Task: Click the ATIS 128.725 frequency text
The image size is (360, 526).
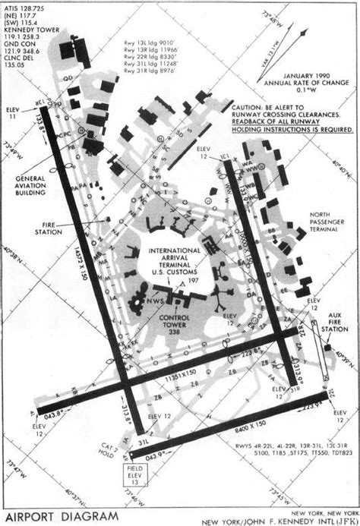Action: [22, 7]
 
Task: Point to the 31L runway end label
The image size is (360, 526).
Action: [142, 442]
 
